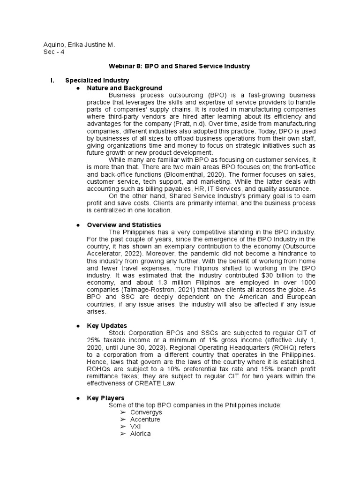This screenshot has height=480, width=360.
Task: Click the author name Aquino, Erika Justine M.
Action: pos(79,45)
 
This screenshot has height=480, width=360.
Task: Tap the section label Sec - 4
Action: pos(53,52)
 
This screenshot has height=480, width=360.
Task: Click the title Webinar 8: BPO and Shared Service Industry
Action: pos(180,67)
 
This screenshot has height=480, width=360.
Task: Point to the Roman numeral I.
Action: pos(52,81)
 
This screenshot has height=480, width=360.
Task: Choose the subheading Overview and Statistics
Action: pos(124,225)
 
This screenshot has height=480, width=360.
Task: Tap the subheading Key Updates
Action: pos(107,325)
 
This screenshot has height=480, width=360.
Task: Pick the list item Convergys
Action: pos(146,412)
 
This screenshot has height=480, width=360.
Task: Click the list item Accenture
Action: pos(145,420)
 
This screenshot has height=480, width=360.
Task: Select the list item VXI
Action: pos(135,427)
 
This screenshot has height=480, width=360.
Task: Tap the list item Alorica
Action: pos(141,434)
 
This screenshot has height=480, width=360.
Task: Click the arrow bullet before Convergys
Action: pos(123,412)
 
